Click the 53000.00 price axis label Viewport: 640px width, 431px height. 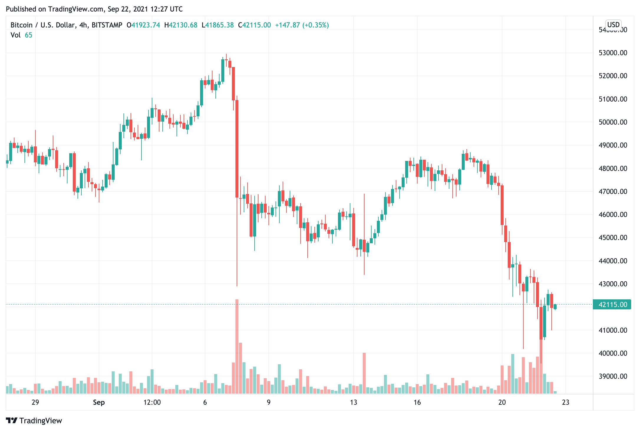[613, 53]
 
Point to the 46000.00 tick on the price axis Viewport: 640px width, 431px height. [613, 215]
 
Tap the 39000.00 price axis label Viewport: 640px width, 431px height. [613, 376]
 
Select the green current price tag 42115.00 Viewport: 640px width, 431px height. [612, 305]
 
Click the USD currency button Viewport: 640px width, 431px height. [613, 25]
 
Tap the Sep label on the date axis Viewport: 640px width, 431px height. [99, 402]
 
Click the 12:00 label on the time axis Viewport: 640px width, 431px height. [152, 402]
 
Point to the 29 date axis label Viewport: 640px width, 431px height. [35, 402]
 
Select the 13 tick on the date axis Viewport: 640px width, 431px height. [353, 402]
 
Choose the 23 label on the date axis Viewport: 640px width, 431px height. [565, 402]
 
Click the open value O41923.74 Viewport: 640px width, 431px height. [143, 25]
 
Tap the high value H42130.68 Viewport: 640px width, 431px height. [181, 25]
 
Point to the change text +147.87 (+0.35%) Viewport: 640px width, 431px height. [302, 25]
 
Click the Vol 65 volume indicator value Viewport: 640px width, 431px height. [28, 35]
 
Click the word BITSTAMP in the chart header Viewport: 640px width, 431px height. [107, 25]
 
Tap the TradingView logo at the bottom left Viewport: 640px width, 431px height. [34, 421]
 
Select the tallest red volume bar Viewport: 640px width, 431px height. [237, 347]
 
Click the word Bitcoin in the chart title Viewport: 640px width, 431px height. [21, 25]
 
